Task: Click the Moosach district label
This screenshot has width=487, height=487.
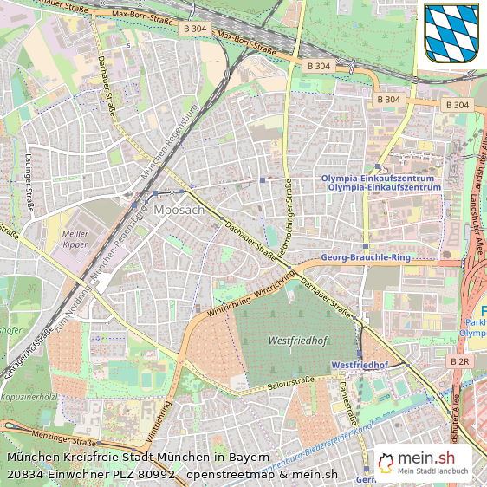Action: click(179, 211)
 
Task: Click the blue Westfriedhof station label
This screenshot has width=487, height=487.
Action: click(359, 366)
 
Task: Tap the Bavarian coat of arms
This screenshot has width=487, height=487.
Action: click(451, 33)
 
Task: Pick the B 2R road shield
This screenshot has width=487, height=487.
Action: click(460, 360)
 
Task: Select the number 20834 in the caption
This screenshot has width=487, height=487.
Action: click(27, 473)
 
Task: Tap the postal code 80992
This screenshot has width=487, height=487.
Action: click(156, 473)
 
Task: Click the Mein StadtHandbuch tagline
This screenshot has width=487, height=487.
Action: click(433, 471)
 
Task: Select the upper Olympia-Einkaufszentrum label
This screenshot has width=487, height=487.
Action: click(378, 178)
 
